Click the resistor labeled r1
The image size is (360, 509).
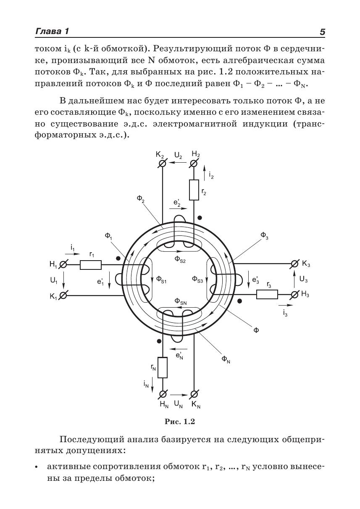coord(90,265)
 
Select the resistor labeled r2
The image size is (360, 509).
coord(194,190)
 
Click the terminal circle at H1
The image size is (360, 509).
coord(63,265)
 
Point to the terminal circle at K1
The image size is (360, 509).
coord(63,295)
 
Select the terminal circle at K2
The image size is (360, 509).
coord(162,164)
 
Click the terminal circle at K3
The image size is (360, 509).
coord(295,264)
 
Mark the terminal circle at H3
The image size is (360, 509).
coord(295,294)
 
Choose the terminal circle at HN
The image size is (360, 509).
coord(163,394)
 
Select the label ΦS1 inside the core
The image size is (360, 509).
coord(161,279)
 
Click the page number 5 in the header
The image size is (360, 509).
coord(322,32)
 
